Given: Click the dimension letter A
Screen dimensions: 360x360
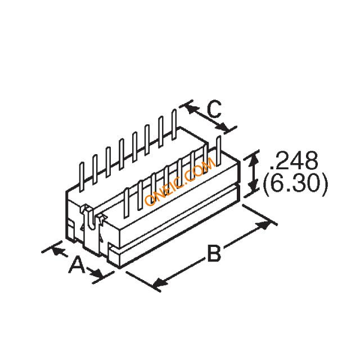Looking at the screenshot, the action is coord(77,265).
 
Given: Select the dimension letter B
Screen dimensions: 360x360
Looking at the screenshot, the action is coord(214,253).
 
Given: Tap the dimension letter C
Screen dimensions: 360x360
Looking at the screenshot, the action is coord(214,109).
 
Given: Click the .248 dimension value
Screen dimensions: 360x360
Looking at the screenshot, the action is coord(294,160).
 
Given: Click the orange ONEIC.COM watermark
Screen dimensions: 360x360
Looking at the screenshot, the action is coord(180,182).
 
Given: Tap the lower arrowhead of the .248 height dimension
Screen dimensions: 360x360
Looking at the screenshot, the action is coord(253,187).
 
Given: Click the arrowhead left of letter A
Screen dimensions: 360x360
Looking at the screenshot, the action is coord(57,250).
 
